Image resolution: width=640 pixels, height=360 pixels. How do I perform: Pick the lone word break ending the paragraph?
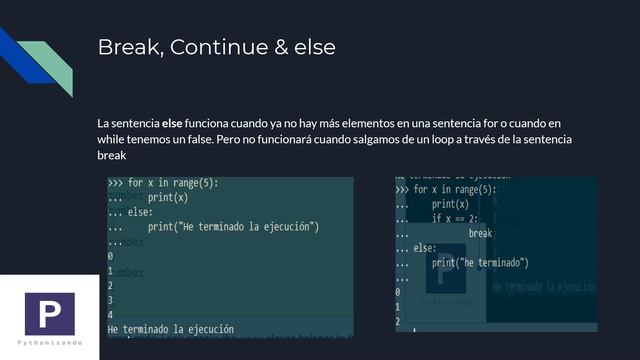112,157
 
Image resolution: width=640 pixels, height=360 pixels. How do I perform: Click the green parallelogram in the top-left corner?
45,62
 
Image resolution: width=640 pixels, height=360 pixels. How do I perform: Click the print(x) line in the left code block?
167,198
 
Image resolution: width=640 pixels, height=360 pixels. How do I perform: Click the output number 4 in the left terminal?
110,314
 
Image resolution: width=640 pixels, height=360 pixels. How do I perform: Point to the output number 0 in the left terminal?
110,256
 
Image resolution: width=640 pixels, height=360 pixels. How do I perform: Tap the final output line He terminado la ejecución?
170,328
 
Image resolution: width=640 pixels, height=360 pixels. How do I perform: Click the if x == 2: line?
456,218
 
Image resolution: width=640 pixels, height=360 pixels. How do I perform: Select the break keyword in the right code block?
481,233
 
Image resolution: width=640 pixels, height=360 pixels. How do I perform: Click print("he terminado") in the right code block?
480,262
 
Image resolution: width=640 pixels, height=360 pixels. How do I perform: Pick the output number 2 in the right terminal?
398,321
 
